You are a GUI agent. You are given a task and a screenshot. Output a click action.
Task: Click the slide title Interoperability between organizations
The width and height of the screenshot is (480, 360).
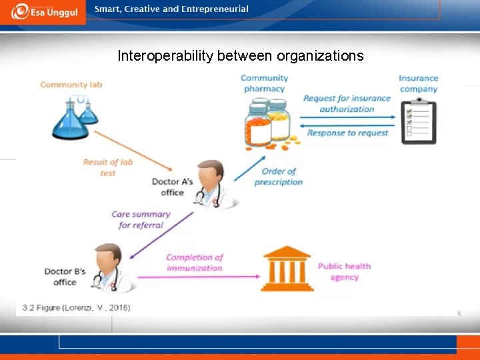(240, 56)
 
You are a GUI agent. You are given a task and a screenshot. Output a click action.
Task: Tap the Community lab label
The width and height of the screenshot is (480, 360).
(71, 85)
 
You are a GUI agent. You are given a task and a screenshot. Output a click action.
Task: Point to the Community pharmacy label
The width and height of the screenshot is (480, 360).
(264, 83)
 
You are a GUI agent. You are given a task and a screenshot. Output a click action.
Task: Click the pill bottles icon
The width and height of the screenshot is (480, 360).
(267, 123)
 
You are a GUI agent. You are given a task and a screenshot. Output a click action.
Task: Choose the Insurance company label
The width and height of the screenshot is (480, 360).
(418, 83)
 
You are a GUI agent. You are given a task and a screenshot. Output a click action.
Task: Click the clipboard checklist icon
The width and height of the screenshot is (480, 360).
(419, 122)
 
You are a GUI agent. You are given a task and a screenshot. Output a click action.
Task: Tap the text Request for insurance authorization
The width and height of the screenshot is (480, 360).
(347, 103)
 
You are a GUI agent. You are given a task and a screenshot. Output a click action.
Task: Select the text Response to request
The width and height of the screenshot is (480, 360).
(347, 133)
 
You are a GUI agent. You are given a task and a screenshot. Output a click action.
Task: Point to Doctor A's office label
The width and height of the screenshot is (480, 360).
(172, 187)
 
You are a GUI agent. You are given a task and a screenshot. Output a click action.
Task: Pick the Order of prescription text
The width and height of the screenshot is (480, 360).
(279, 177)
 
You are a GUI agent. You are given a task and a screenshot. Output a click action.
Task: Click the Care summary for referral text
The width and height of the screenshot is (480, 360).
(141, 219)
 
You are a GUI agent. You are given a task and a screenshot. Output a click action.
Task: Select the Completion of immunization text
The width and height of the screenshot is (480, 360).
(195, 263)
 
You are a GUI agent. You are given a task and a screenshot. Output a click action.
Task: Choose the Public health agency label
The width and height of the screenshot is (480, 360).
(344, 271)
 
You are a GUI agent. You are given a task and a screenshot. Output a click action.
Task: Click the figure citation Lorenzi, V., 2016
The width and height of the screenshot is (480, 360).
(76, 307)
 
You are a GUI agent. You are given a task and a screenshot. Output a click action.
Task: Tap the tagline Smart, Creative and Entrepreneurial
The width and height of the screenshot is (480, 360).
(171, 9)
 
